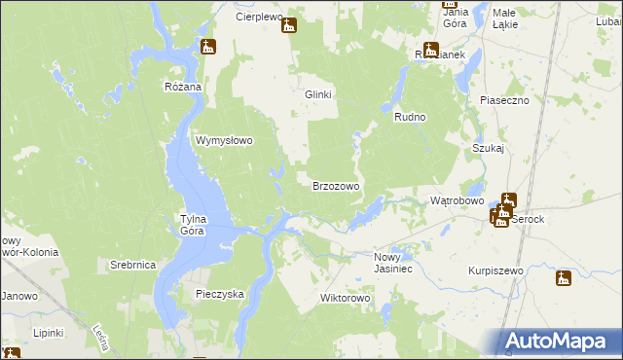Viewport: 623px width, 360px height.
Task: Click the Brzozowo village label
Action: pyautogui.click(x=336, y=185)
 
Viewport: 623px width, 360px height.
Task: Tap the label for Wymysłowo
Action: pyautogui.click(x=225, y=140)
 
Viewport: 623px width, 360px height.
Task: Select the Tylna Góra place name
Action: pyautogui.click(x=191, y=225)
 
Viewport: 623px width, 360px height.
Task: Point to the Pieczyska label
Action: pyautogui.click(x=219, y=293)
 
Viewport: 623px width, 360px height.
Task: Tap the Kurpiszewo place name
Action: pyautogui.click(x=495, y=270)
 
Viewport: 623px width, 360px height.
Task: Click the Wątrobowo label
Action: pyautogui.click(x=457, y=200)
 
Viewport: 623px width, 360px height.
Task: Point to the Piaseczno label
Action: pyautogui.click(x=504, y=100)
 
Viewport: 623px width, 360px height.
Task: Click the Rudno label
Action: pyautogui.click(x=411, y=116)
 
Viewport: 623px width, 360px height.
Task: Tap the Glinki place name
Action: pyautogui.click(x=319, y=94)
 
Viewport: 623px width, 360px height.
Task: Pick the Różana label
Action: pyautogui.click(x=182, y=87)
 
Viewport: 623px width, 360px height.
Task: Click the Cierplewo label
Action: pyautogui.click(x=258, y=18)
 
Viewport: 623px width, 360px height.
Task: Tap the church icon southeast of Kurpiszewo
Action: pyautogui.click(x=564, y=279)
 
